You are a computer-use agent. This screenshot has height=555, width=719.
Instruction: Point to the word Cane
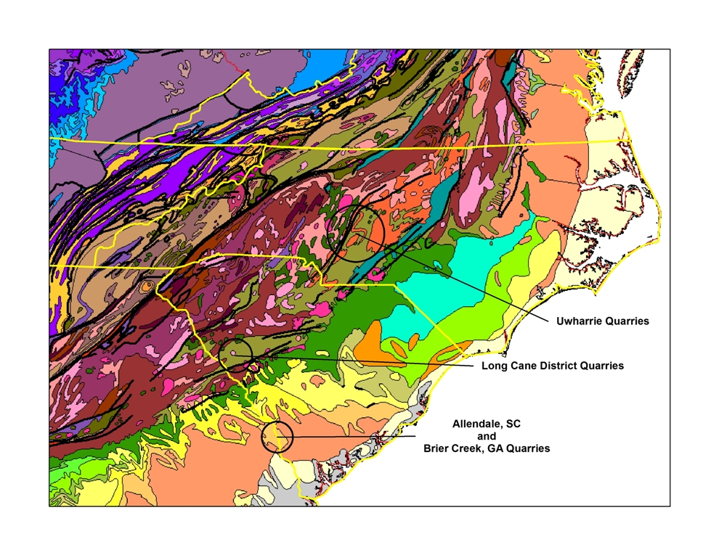point(518,366)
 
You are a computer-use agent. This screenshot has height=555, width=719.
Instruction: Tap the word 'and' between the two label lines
point(487,436)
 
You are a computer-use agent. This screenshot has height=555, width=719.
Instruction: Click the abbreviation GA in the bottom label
point(495,449)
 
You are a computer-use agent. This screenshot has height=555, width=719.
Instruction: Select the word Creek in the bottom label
point(469,449)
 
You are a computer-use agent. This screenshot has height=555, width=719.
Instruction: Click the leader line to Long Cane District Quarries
point(363,360)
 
